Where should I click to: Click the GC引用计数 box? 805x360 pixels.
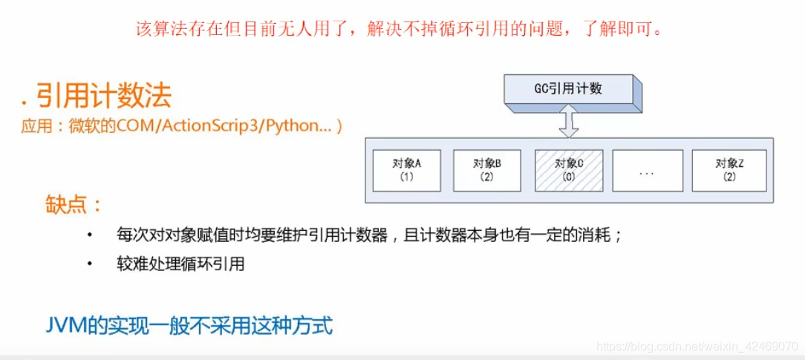568,89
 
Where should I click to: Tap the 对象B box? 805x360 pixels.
487,170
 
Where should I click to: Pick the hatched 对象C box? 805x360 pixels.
569,170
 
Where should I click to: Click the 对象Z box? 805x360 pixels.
729,170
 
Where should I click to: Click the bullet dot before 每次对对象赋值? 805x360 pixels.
90,235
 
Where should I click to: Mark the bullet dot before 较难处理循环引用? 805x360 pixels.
90,264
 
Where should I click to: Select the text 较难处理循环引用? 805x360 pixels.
180,264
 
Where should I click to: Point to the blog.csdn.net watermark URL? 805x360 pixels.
697,347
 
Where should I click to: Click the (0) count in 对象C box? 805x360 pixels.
569,177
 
